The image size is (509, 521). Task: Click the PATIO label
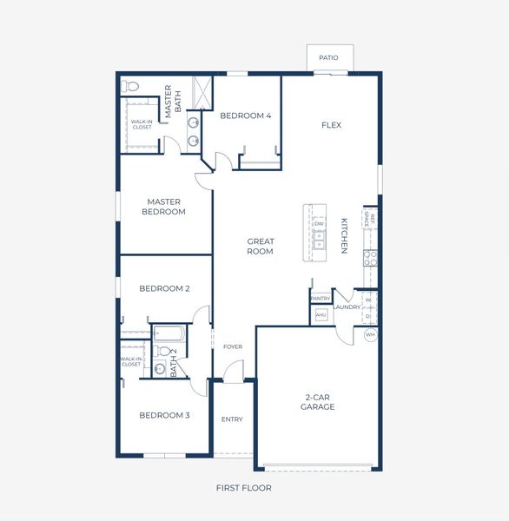[328, 58]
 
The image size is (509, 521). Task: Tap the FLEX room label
[331, 125]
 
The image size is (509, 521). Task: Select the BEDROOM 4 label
[245, 115]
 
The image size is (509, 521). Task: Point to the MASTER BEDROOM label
[164, 207]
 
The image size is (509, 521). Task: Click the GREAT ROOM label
[260, 247]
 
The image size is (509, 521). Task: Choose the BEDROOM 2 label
[164, 288]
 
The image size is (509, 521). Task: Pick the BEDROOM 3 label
[164, 415]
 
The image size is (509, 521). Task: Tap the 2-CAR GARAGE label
[317, 402]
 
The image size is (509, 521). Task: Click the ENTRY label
[232, 420]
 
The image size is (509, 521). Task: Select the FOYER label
[233, 347]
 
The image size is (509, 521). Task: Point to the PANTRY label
[320, 299]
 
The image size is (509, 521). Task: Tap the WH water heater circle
[370, 334]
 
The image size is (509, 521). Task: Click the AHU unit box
[321, 315]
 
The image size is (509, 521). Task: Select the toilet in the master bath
[130, 86]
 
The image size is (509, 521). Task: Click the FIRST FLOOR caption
[244, 488]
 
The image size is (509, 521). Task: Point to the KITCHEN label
[344, 235]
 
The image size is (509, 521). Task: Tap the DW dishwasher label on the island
[319, 224]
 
